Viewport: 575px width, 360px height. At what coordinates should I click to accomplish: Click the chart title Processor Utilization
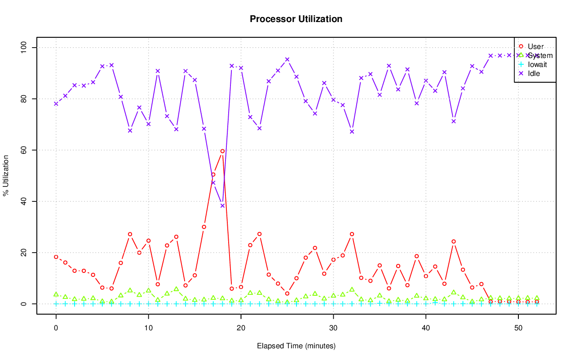point(296,19)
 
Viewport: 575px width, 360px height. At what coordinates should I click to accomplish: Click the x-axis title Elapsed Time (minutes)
point(296,346)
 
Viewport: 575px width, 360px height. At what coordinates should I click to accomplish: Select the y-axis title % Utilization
point(6,175)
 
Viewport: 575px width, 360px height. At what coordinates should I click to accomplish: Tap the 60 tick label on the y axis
point(24,150)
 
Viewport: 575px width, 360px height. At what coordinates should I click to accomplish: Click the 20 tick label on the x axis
point(241,328)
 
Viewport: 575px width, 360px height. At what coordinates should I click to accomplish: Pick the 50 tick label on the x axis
point(518,328)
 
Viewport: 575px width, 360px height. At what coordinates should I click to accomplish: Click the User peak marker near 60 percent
point(222,151)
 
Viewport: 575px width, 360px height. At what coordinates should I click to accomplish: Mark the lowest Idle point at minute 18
point(222,206)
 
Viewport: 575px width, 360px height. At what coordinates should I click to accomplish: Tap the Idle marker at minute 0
point(56,104)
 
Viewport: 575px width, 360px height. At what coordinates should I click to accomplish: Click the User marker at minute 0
point(56,257)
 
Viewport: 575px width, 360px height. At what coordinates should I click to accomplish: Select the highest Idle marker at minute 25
point(287,59)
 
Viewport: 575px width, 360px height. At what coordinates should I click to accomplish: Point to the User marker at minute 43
point(454,241)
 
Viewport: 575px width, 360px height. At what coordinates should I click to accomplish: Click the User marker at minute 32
point(352,234)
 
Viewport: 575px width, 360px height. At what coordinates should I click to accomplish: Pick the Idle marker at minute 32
point(352,132)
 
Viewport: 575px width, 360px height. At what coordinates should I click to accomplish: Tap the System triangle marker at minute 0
point(56,294)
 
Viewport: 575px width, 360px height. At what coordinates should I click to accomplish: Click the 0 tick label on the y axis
point(24,304)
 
